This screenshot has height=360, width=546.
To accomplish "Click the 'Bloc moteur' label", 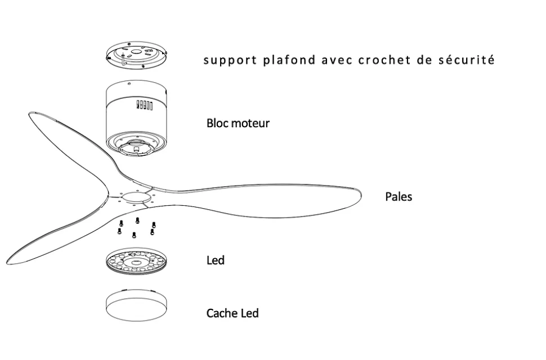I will click(x=238, y=123).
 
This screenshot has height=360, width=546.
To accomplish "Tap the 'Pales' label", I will click(x=399, y=197).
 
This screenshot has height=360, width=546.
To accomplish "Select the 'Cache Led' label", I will click(x=232, y=313).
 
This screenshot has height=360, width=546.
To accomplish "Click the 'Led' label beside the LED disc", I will click(x=215, y=260).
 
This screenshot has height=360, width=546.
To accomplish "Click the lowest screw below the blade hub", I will click(x=134, y=235).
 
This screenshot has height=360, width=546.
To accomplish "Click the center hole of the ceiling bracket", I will click(x=138, y=54).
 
